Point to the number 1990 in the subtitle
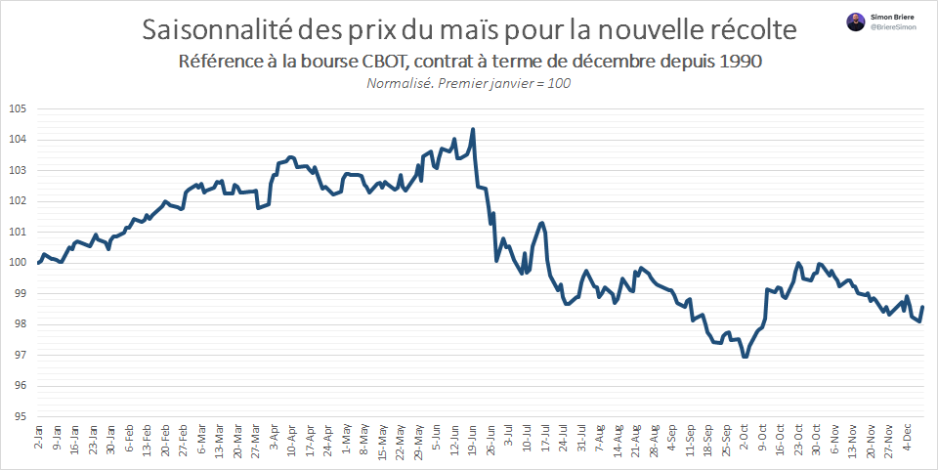pyautogui.click(x=739, y=61)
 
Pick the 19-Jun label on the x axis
pyautogui.click(x=473, y=436)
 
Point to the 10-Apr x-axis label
pyautogui.click(x=292, y=436)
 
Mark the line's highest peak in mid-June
pyautogui.click(x=473, y=129)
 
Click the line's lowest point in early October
pyautogui.click(x=746, y=357)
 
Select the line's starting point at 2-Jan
pyautogui.click(x=39, y=263)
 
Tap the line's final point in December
pyautogui.click(x=922, y=308)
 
